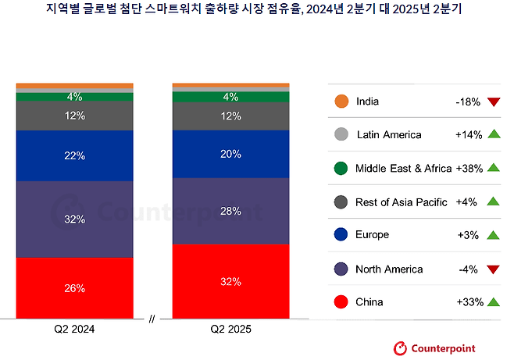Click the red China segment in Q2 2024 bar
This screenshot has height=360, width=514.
(75, 287)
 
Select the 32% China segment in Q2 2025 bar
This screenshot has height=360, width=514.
(230, 281)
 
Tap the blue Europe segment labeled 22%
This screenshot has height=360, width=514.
(75, 155)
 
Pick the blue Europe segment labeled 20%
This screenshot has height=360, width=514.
(230, 154)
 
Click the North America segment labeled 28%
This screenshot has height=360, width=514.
(230, 211)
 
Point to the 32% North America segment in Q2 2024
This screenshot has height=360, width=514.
(75, 219)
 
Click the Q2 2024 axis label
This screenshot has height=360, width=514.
(75, 330)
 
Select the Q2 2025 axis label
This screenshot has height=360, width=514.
(230, 330)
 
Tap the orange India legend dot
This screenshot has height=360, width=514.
(340, 102)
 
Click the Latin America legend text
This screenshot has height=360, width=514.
(388, 135)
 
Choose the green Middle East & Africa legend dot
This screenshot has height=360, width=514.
(340, 168)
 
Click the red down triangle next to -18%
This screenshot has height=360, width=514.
(492, 102)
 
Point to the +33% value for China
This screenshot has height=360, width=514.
(469, 302)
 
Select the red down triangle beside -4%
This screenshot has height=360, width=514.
(492, 270)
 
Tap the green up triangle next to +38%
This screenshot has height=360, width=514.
(492, 168)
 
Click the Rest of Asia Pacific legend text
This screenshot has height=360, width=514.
(401, 202)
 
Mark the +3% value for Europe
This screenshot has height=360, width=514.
(470, 235)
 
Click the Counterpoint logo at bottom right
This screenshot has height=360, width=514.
(433, 348)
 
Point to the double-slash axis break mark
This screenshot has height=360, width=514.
(152, 319)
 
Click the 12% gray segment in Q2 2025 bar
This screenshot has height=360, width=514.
(230, 116)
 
